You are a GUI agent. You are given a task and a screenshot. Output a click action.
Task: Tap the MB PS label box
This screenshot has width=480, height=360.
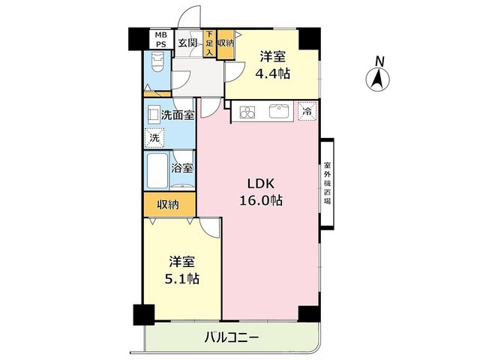coord(161,40)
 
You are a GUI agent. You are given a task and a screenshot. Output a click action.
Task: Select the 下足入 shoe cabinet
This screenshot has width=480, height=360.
coord(210,43)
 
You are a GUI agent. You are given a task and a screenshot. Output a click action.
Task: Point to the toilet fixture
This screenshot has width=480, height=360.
coord(157,62)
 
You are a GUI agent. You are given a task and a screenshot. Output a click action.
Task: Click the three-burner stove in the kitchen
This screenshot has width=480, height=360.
coord(247,112)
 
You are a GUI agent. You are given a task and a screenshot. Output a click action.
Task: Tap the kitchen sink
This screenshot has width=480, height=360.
coord(279,111)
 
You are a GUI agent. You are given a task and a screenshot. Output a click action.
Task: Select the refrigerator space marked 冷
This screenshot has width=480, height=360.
coord(307,112)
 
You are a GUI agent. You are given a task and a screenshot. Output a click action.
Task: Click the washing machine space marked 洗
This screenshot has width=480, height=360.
coord(154,138)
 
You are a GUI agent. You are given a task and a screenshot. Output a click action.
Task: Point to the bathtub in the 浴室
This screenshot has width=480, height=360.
coord(157,171)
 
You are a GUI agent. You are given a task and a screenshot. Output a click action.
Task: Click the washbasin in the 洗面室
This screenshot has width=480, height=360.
coord(152,115)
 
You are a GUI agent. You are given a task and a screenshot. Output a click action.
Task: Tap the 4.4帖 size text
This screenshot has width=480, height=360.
coord(272,73)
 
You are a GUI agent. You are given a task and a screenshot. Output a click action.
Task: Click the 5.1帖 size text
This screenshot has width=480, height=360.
coord(182,279)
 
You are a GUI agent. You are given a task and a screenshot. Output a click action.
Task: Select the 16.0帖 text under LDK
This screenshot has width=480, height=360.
coord(261,200)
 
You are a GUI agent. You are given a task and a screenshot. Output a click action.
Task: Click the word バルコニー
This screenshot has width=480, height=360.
coord(232,338)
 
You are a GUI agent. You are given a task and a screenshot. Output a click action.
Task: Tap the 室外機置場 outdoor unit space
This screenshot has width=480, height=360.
coord(327,183)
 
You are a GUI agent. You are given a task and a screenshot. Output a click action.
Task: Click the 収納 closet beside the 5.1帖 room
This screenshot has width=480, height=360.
coord(169,205)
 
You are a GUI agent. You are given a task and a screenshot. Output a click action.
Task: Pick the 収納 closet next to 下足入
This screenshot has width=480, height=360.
coord(226,44)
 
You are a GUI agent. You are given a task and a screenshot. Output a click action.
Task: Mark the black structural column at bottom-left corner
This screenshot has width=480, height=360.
coord(144,315)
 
